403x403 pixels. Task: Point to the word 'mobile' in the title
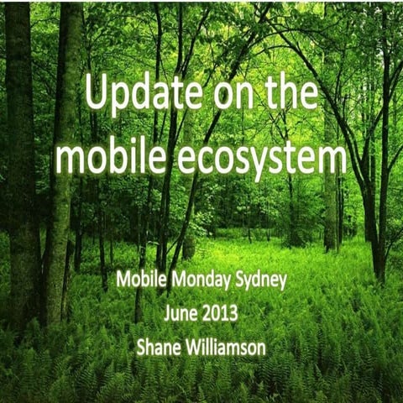pyautogui.click(x=113, y=156)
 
